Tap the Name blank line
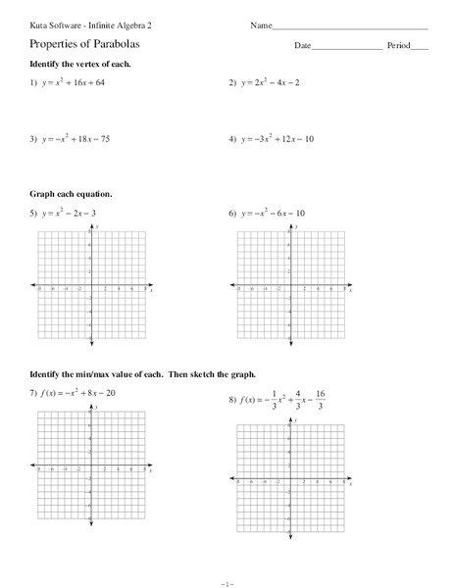(348, 25)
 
